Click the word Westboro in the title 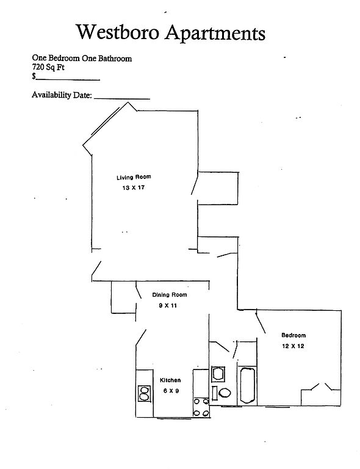[x=117, y=32]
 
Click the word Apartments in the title [x=215, y=33]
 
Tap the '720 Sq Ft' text [x=48, y=67]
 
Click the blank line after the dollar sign [x=68, y=80]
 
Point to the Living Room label [x=134, y=177]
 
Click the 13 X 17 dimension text [x=133, y=188]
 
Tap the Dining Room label [x=170, y=294]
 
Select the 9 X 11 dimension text [x=168, y=305]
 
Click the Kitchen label [x=170, y=380]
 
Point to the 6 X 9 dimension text [x=171, y=391]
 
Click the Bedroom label [x=293, y=335]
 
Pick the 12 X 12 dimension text [x=293, y=346]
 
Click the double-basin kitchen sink [x=144, y=393]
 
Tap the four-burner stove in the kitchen [x=201, y=407]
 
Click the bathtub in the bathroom [x=247, y=385]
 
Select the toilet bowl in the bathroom [x=225, y=393]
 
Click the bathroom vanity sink [x=218, y=374]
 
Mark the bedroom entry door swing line [x=261, y=322]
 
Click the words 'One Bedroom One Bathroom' [x=82, y=58]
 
